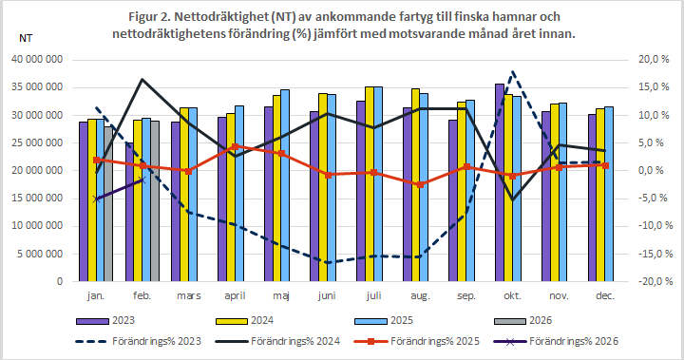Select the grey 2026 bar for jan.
109,203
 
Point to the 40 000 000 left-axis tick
37,59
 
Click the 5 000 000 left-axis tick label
40,254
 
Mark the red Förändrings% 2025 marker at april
235,147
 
